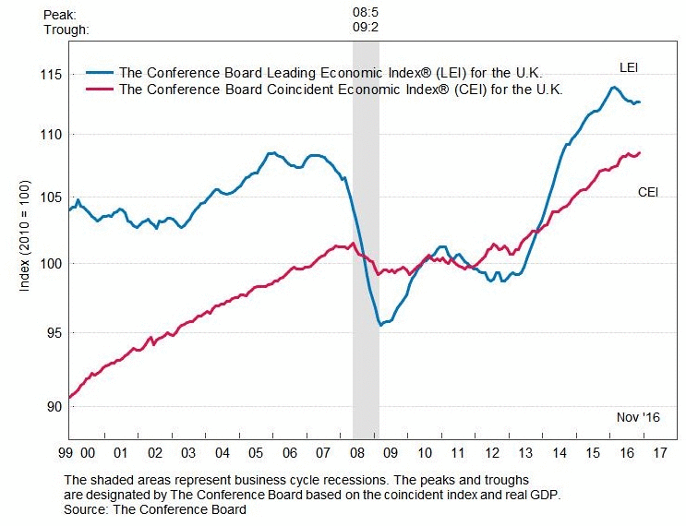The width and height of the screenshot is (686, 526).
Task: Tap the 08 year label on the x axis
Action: coord(356,453)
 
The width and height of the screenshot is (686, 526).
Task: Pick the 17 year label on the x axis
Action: coord(660,453)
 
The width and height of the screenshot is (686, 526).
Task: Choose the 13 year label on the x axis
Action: coord(525,453)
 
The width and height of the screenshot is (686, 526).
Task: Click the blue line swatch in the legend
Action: coord(99,71)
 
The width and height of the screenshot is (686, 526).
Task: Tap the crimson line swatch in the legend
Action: coord(99,90)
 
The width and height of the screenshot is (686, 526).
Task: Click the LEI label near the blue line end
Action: coord(629,67)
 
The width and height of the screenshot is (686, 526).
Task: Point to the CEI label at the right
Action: coord(648,192)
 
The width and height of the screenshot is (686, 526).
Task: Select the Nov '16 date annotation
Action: coord(638,418)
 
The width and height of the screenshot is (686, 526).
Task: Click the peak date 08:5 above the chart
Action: coord(367,15)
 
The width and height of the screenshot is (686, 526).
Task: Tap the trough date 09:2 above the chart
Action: coord(367,29)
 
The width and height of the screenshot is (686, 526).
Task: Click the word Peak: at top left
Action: coord(59,15)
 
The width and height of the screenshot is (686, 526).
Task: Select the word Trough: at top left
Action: coord(66,29)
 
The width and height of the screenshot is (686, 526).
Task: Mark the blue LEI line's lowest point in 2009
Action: coord(379,325)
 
